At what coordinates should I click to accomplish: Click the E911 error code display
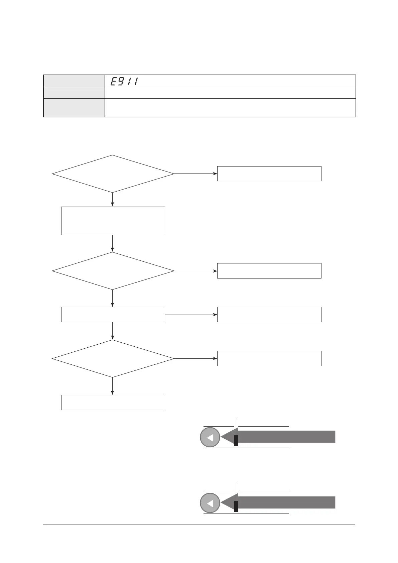(x=124, y=81)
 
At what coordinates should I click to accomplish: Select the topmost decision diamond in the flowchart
(x=113, y=174)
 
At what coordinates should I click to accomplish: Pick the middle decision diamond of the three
(x=113, y=271)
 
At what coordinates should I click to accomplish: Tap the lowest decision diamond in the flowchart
(x=113, y=359)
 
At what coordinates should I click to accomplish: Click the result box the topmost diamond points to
(x=269, y=174)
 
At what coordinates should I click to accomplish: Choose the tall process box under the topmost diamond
(x=113, y=221)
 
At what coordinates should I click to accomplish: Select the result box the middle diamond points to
(x=269, y=271)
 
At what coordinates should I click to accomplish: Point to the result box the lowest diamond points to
(x=269, y=358)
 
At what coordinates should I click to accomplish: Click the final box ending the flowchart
(x=113, y=402)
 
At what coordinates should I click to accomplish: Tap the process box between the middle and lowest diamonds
(x=113, y=315)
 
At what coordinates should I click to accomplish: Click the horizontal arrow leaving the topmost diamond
(x=195, y=174)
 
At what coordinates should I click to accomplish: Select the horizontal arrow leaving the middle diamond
(x=195, y=271)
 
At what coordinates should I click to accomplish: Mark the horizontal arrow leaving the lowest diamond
(x=195, y=359)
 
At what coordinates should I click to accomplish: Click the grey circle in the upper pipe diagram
(x=210, y=437)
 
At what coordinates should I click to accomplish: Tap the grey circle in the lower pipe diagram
(x=210, y=503)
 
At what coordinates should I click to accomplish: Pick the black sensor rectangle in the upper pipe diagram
(x=236, y=440)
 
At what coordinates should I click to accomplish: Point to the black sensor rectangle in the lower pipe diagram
(x=236, y=506)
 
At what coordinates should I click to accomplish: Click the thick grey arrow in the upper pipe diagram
(x=284, y=437)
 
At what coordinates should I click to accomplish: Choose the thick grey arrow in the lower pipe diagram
(x=284, y=502)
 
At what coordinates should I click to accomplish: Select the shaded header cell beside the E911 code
(x=74, y=81)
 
